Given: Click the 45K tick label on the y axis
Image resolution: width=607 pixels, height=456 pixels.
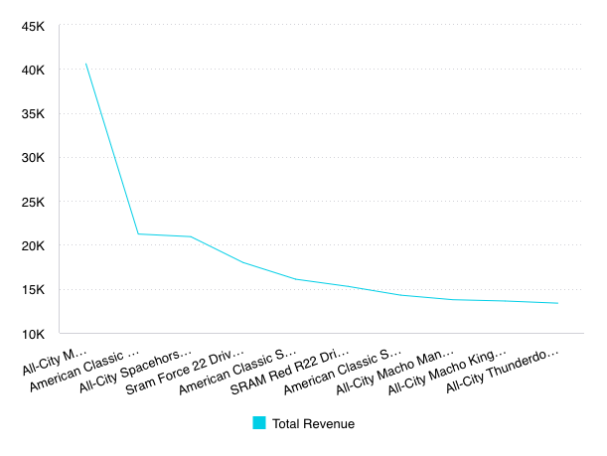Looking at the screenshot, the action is pos(33,27).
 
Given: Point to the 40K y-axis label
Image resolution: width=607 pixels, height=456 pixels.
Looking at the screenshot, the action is pos(33,71).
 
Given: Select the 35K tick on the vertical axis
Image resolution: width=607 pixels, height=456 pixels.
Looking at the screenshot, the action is pos(33,114).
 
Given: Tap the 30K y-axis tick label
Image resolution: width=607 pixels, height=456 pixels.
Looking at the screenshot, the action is pos(33,158).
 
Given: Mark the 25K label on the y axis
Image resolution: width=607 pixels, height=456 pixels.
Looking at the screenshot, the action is pos(33,202).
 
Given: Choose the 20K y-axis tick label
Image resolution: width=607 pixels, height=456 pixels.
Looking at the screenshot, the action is pos(33,245).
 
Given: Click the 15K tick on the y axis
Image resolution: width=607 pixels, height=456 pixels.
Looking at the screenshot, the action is pos(33,289).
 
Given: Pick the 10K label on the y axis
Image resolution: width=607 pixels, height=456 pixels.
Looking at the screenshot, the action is pos(33,334).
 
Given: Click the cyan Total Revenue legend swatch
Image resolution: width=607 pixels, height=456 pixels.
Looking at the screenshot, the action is pos(259,422).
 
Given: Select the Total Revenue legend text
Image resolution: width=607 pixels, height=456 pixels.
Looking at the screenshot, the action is pos(313,424).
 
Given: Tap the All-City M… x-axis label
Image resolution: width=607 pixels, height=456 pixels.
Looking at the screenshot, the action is pos(55,362).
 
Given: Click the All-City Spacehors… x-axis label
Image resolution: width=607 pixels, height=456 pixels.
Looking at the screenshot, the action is pos(135,371).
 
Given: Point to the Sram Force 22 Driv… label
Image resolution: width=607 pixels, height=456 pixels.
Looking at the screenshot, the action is pos(185,372).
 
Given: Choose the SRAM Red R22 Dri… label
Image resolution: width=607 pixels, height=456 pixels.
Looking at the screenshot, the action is pos(289,372).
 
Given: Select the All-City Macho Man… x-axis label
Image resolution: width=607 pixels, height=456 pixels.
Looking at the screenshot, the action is pos(394,372).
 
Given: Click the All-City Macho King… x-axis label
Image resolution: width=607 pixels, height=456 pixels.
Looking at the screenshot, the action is pos(447,372).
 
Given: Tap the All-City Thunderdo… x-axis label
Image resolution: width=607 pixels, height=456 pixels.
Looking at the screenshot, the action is pos(503,371).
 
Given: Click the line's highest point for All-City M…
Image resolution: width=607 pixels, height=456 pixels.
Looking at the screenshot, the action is pos(86,64).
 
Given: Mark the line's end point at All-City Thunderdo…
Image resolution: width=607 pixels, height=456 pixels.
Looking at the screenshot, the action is pos(557,303).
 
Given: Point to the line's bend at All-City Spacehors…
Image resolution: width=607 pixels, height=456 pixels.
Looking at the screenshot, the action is pos(191,236).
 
